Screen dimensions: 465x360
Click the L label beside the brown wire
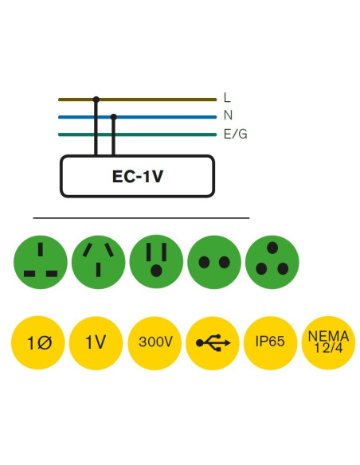227,98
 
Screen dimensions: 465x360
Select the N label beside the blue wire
228,115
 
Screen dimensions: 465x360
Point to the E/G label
235,134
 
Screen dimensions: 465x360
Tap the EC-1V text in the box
137,176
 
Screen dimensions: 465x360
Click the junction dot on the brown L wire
96,100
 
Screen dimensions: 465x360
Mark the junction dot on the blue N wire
114,116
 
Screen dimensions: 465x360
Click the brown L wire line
159,100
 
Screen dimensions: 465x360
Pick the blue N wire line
167,116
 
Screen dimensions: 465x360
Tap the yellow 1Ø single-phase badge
39,342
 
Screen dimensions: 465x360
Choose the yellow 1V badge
96,342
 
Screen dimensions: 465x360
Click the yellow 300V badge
155,342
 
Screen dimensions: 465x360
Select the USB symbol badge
213,342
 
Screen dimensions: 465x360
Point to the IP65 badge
271,342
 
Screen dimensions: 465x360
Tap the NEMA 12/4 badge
328,342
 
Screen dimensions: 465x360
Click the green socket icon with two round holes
213,262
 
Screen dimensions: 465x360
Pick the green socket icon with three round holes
272,262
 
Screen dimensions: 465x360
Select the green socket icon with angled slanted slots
98,262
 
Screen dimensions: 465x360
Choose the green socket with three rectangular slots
40,262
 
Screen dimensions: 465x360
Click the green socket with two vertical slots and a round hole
155,262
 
